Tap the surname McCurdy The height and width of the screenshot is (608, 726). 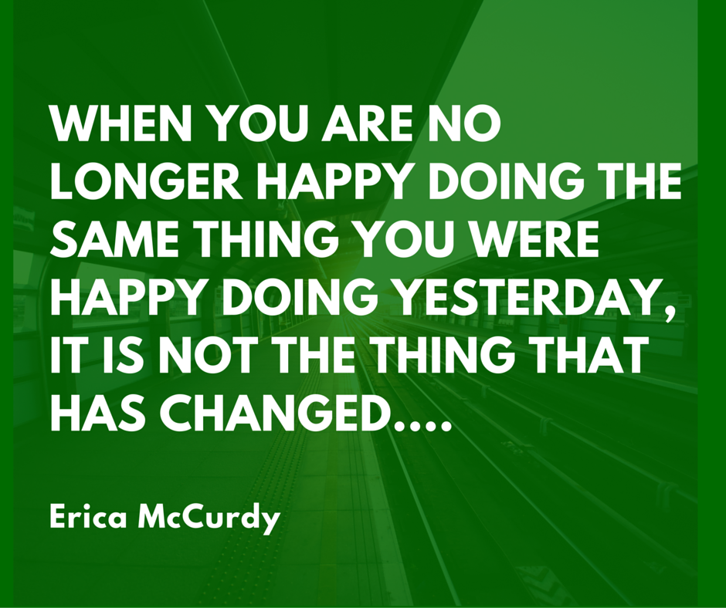[209, 519]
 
